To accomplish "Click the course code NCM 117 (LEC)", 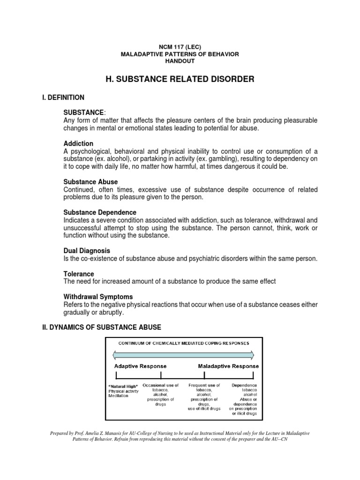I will point(180,47).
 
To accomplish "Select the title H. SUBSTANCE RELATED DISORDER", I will point(180,79).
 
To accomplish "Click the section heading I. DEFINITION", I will point(63,97).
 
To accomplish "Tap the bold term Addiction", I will point(78,143).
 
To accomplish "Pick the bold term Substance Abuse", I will point(90,181).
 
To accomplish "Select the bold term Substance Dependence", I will point(100,212).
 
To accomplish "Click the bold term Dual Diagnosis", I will point(87,251).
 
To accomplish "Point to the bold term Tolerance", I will point(79,274).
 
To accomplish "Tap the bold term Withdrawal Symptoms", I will point(98,297).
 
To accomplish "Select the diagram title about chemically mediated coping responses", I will point(183,343).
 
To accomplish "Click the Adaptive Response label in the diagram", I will point(140,366).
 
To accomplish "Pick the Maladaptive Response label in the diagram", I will point(227,366).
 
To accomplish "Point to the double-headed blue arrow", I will point(183,354).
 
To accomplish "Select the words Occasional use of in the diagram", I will point(160,385).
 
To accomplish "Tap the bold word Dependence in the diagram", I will point(244,385).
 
